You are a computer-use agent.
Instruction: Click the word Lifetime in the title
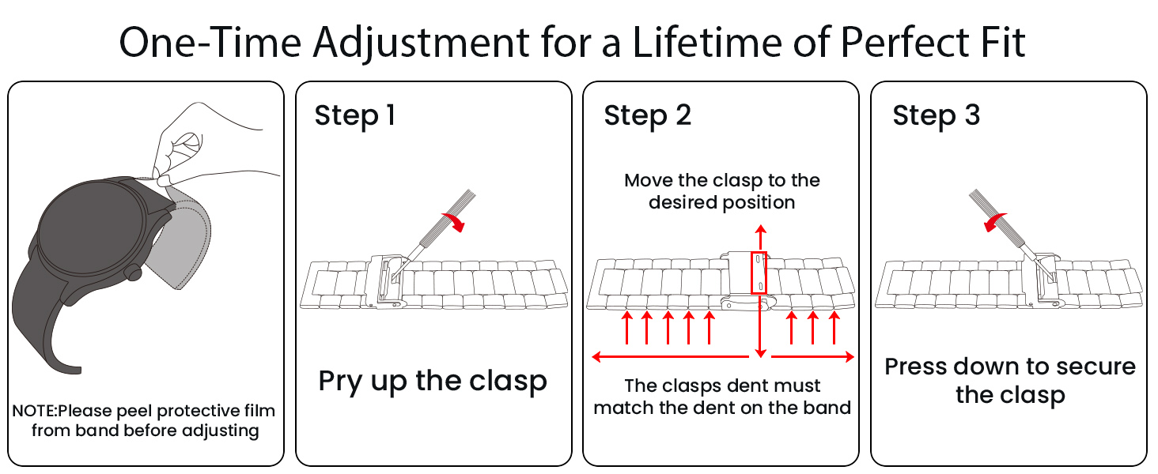pos(707,43)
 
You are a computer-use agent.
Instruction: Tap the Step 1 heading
pos(355,115)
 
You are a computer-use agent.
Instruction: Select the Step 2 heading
pos(647,115)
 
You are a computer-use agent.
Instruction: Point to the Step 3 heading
pos(936,115)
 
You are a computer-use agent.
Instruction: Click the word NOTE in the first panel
pos(33,411)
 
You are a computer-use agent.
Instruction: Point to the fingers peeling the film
pos(177,156)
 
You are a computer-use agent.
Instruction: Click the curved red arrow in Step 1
pos(453,222)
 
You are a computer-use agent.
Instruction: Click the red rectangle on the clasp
pos(759,273)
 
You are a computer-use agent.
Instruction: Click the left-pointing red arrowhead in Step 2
pos(597,357)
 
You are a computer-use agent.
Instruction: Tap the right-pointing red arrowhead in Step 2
pos(849,357)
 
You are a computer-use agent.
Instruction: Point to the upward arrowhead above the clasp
pos(760,230)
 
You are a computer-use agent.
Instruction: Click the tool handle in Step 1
pos(448,217)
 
